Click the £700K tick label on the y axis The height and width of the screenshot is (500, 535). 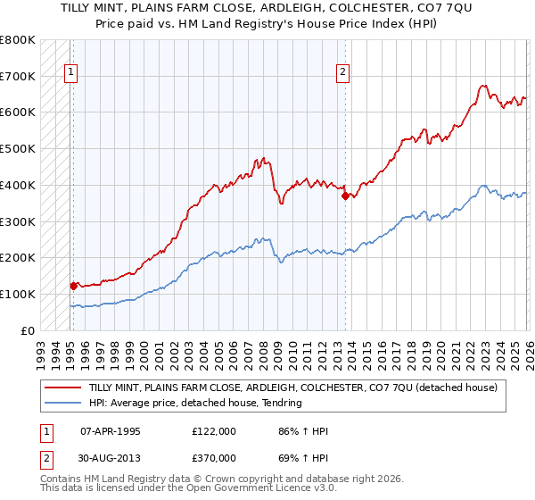click(17, 76)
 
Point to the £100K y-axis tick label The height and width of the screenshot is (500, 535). click(17, 294)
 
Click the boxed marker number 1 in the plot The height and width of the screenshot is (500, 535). click(71, 74)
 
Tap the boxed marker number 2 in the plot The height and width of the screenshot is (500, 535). click(343, 74)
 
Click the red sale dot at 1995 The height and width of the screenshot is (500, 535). click(73, 286)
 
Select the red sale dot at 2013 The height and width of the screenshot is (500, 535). click(345, 196)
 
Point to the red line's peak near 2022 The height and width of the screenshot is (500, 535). click(482, 87)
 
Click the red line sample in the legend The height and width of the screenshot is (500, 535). click(63, 387)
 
